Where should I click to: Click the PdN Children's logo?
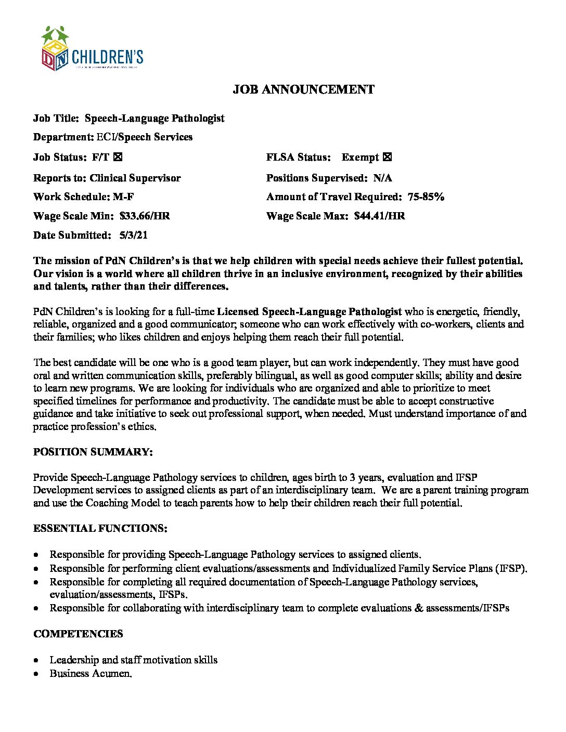tap(92, 49)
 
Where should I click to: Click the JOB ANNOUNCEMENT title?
tap(303, 89)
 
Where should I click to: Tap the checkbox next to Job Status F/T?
tap(118, 157)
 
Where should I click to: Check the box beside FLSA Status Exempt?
tap(387, 157)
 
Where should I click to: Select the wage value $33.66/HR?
tap(145, 216)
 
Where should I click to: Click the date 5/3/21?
tap(133, 235)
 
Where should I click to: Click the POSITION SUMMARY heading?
tap(93, 452)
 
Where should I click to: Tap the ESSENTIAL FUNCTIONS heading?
tap(100, 528)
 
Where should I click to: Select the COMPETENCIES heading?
tap(78, 634)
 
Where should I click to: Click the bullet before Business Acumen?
tap(35, 674)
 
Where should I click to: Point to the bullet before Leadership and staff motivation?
tap(35, 660)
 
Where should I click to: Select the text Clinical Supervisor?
tap(135, 178)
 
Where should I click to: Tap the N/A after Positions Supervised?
tap(383, 178)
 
